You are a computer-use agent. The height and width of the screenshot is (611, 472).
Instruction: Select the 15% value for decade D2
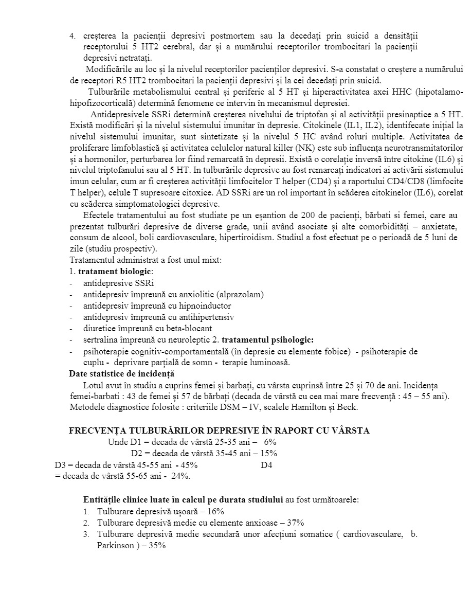click(x=268, y=453)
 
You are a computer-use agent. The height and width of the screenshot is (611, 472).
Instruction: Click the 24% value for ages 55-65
click(x=180, y=476)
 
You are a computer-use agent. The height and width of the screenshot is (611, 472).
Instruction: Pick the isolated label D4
click(x=266, y=465)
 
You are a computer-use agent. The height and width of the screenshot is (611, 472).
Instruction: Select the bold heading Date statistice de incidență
click(x=122, y=374)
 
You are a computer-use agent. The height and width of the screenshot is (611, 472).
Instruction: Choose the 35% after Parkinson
click(x=157, y=546)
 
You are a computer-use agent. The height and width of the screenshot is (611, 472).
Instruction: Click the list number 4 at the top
click(x=72, y=36)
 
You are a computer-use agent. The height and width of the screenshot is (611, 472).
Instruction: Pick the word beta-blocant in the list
click(x=190, y=328)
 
